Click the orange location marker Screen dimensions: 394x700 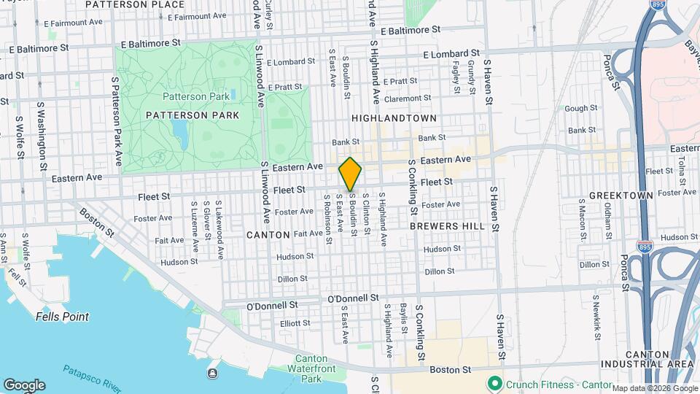coord(351,174)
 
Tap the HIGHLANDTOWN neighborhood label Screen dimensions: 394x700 coord(394,117)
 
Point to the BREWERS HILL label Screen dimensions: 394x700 coord(447,226)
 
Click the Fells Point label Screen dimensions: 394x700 coord(62,317)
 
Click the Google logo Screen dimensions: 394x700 coord(24,385)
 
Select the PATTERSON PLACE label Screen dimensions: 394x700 coord(135,4)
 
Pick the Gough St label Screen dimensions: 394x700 coord(581,108)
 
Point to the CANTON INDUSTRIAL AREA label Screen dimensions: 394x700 coord(647,358)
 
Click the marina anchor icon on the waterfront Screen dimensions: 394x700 coord(212,374)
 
